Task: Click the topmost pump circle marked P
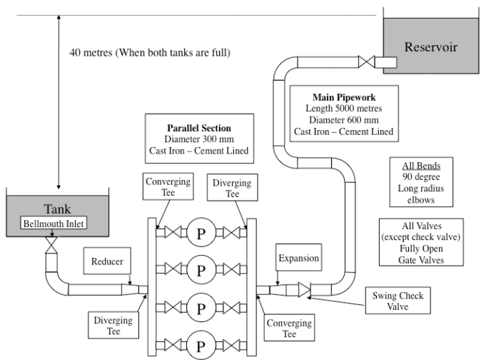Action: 201,233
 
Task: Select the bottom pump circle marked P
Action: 201,345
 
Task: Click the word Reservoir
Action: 431,47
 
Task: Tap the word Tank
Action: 57,209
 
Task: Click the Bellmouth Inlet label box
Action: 54,223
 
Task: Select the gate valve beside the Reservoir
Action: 366,62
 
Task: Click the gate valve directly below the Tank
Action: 51,245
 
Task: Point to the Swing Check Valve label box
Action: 398,301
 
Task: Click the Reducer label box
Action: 107,261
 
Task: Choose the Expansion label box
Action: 299,257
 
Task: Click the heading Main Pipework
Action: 344,97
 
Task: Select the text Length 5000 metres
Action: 344,109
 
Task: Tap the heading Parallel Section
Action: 199,128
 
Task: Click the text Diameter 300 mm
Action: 199,139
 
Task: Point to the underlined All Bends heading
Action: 421,166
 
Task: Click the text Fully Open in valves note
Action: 421,249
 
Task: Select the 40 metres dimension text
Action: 150,52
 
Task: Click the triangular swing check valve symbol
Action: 304,289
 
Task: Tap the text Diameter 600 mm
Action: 344,120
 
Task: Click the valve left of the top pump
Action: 173,233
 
